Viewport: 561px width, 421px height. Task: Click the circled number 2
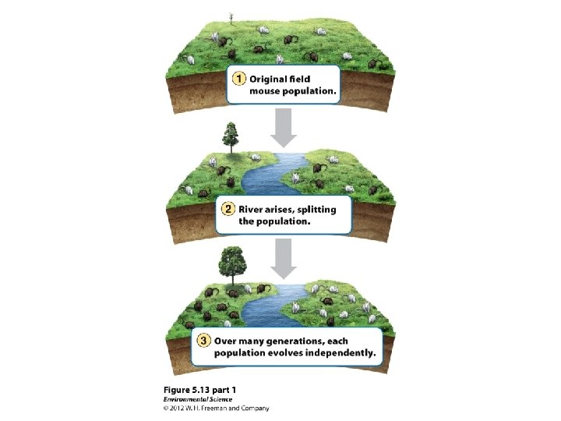[228, 209]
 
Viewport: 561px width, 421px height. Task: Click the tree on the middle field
[230, 137]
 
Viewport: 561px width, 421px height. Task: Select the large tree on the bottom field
[231, 264]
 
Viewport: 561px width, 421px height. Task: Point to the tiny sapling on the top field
[231, 17]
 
